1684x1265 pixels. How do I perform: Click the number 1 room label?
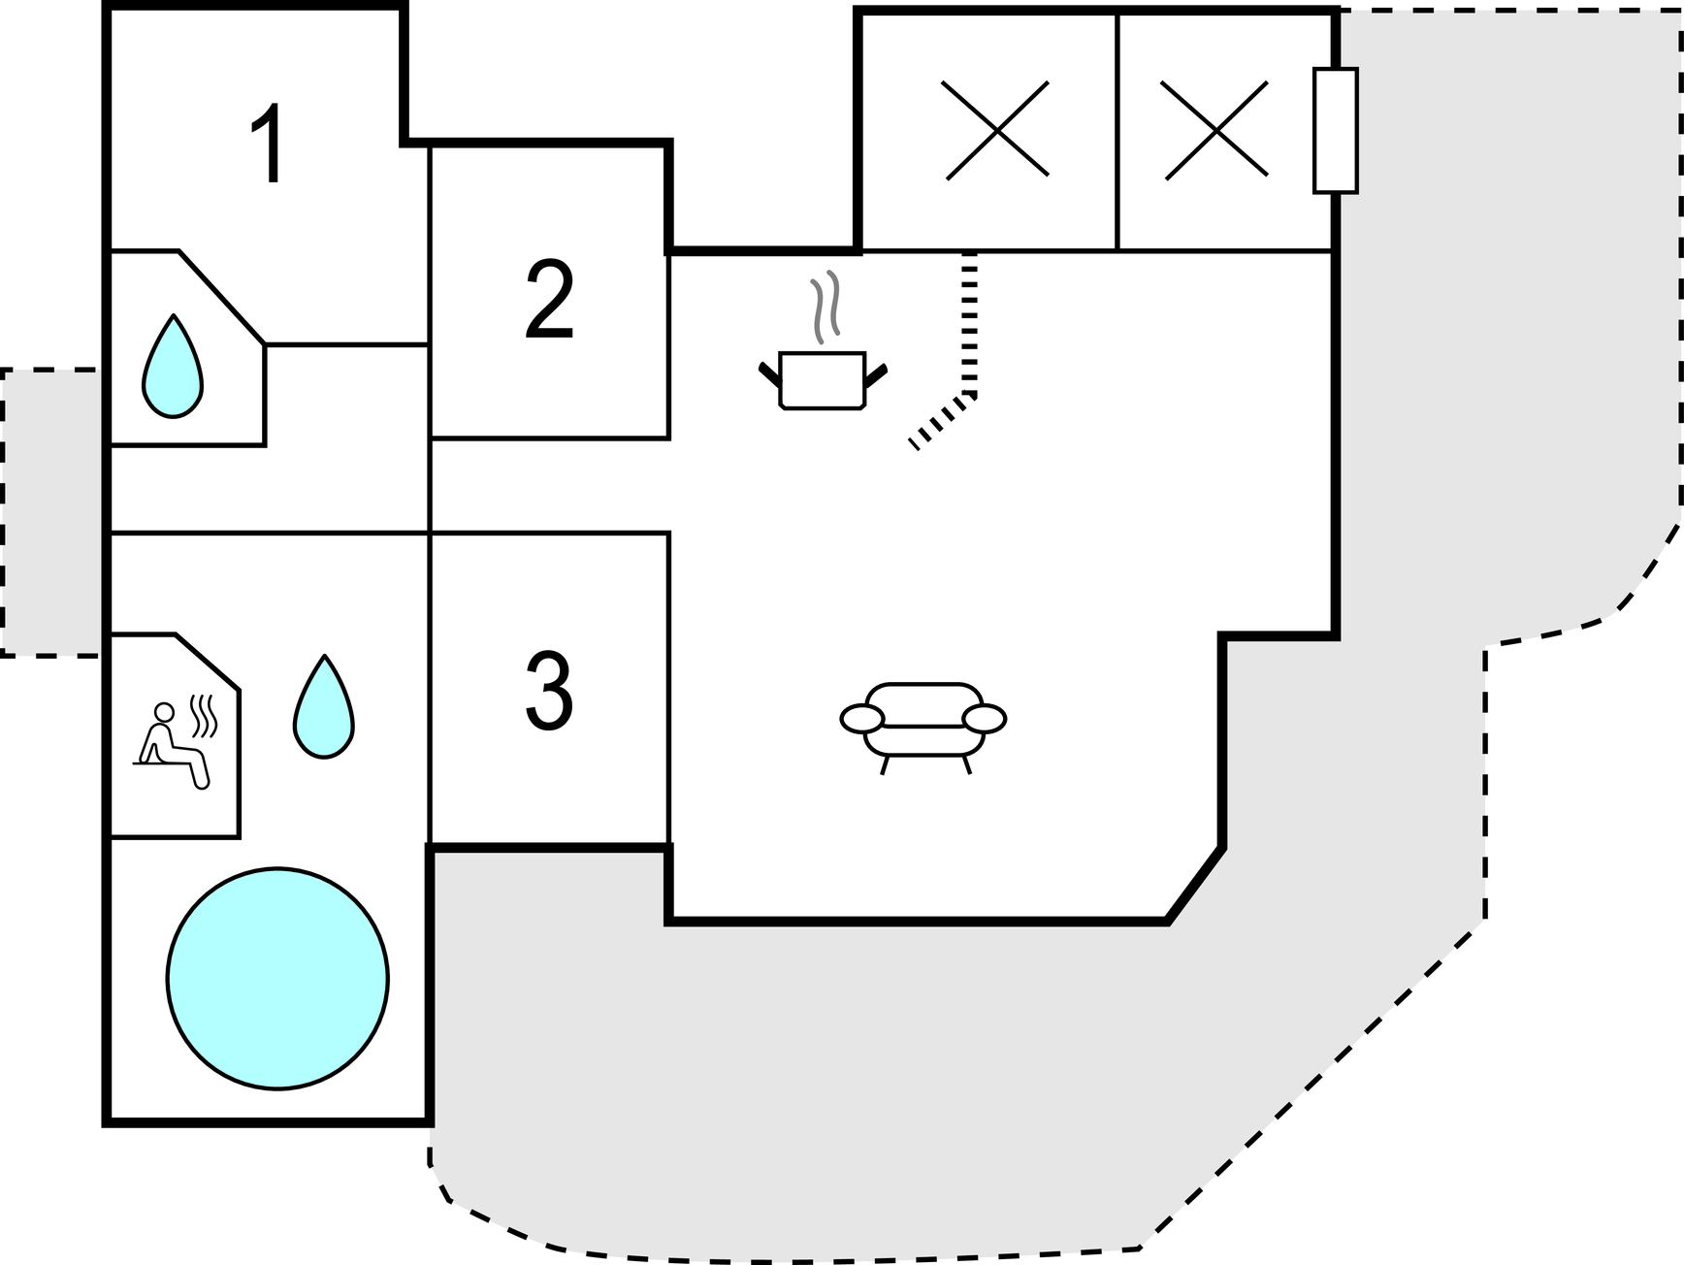coord(267,144)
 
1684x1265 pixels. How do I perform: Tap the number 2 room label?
coord(549,300)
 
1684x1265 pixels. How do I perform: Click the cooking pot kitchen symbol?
coord(822,380)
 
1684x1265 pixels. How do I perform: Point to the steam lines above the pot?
coord(825,306)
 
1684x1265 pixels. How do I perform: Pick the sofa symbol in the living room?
coord(923,723)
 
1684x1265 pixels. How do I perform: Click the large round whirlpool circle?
coord(277,978)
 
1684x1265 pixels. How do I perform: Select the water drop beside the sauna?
coord(324,708)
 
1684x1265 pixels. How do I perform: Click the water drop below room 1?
coord(173,369)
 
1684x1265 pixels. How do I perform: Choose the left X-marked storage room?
coord(996,130)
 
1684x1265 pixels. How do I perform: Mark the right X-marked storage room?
coord(1214,130)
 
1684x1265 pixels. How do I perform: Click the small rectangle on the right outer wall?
coord(1335,130)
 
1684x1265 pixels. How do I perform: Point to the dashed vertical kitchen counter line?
coord(969,320)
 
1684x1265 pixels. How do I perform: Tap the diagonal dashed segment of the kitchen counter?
coord(941,420)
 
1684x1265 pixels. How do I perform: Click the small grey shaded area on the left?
coord(50,512)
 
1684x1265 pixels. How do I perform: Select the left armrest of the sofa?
coord(861,719)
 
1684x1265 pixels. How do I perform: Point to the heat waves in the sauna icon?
coord(204,715)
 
